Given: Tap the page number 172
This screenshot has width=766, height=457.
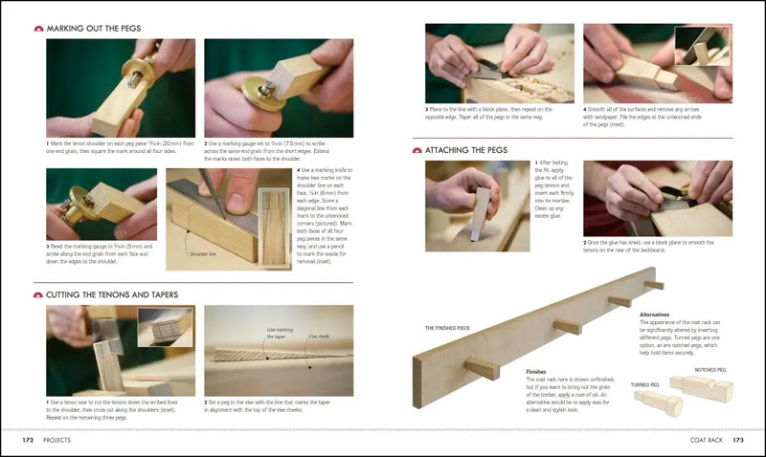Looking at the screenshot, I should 30,441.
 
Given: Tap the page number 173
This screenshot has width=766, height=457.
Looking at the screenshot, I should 737,441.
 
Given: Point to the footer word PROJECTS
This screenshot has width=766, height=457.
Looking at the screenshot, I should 62,441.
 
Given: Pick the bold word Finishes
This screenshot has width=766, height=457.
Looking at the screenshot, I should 535,371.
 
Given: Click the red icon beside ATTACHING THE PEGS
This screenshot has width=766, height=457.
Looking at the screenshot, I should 417,150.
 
